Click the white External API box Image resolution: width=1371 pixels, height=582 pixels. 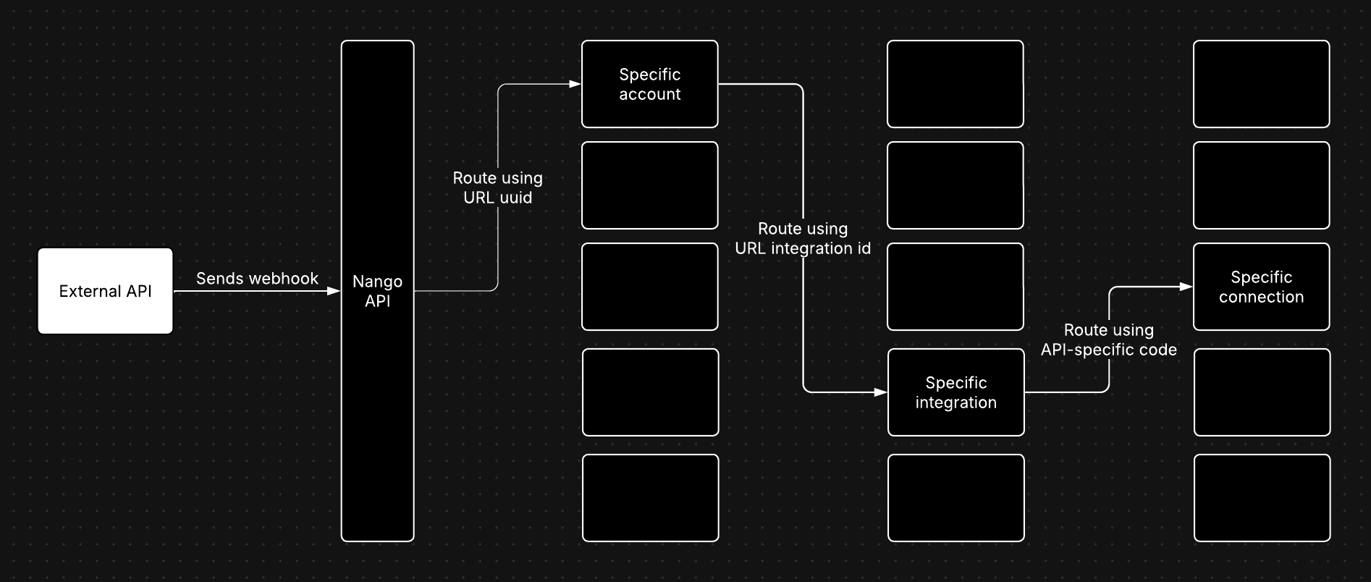click(105, 291)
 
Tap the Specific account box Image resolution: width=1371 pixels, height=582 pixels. click(649, 84)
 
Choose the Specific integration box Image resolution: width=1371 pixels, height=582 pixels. click(956, 392)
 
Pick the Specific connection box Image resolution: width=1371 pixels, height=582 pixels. click(1261, 287)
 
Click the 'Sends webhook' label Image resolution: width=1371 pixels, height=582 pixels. click(257, 279)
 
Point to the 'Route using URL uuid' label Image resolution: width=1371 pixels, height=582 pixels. click(497, 187)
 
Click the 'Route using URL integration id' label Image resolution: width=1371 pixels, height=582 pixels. click(803, 238)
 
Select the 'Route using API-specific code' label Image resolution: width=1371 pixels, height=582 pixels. click(1108, 339)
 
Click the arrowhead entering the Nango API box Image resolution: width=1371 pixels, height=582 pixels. click(334, 291)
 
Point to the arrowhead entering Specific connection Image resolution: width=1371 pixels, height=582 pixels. click(1186, 287)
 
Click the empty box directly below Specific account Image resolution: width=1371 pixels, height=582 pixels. click(649, 185)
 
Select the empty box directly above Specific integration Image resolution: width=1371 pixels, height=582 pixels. click(955, 287)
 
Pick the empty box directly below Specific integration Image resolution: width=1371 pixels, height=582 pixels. click(956, 498)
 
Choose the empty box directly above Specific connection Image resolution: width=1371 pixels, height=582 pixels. click(1261, 185)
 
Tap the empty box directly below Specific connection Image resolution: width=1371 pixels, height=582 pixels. click(1262, 392)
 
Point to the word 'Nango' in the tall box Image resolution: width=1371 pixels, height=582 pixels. click(377, 282)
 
